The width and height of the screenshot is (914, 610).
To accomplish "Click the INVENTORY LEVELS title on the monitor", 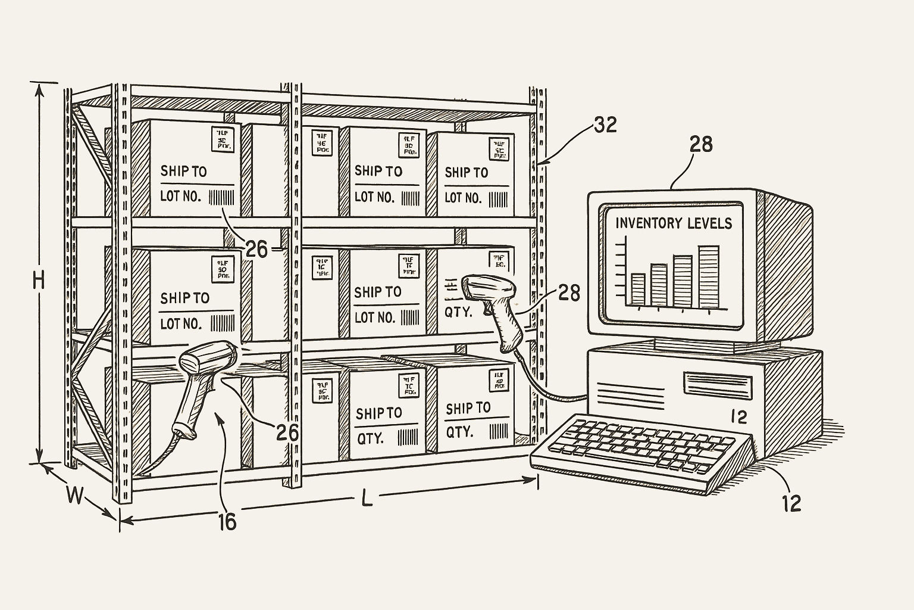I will click(674, 223).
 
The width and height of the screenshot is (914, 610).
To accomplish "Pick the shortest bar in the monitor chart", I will click(638, 290).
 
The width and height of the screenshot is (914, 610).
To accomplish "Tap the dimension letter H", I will click(39, 280).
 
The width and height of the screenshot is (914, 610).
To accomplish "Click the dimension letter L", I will click(367, 498).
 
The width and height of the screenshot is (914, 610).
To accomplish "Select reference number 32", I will click(605, 125).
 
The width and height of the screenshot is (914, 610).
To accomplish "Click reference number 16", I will click(227, 522).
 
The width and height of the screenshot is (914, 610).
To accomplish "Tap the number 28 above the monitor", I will click(700, 144).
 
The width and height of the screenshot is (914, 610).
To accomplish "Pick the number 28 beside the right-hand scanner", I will click(569, 292).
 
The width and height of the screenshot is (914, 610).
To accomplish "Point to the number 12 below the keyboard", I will click(791, 503).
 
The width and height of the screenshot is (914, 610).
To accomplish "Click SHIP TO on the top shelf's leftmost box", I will click(183, 172).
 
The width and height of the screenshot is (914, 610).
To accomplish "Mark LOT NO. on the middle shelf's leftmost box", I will click(181, 324).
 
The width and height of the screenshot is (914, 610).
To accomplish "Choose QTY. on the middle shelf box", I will click(458, 312).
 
